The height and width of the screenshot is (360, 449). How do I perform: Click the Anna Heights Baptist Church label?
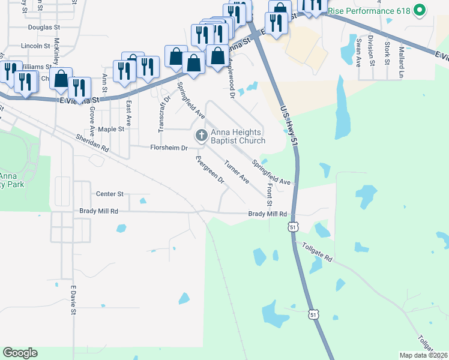238,137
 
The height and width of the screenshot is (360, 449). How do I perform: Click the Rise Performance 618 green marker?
420,10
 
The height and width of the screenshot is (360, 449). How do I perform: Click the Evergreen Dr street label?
209,170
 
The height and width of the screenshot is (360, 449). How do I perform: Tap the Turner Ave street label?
237,171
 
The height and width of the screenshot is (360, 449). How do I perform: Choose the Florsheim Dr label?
169,148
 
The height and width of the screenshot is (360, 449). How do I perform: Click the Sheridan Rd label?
92,142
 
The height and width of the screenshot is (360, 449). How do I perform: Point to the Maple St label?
110,129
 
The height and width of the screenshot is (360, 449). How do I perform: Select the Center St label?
109,194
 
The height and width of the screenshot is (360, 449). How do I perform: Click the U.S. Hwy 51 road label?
289,126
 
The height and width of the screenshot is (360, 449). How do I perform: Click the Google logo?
20,353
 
